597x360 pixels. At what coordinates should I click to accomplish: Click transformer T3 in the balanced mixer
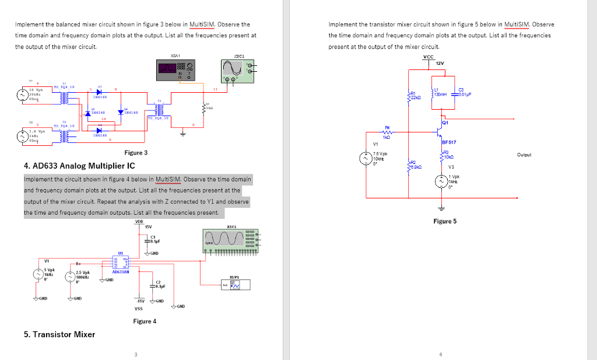(x=158, y=110)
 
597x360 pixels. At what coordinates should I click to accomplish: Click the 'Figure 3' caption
(x=136, y=153)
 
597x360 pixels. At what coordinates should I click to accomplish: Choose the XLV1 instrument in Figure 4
(x=236, y=285)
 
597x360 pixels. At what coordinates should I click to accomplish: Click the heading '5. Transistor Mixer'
(x=59, y=334)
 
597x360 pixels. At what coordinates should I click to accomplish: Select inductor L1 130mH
(x=433, y=89)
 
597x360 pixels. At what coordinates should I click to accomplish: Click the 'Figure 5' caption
(x=445, y=221)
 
